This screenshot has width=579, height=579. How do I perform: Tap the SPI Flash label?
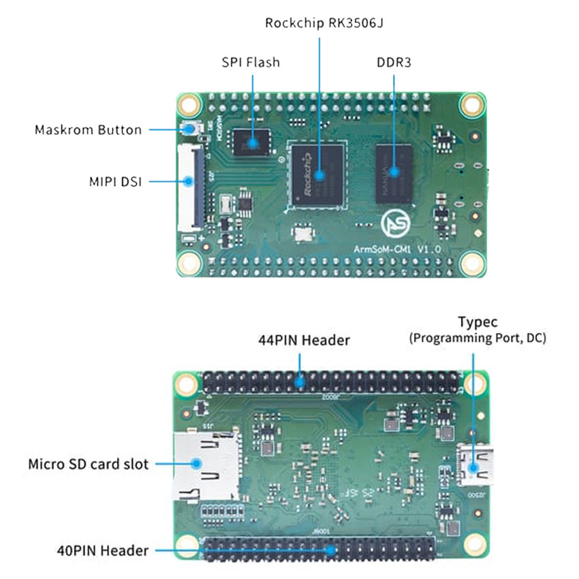(251, 62)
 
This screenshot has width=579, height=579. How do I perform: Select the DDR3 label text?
(393, 62)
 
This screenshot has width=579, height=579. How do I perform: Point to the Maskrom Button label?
(88, 129)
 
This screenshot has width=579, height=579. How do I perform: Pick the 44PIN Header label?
(304, 339)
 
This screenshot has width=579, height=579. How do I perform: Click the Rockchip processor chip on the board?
(318, 173)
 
